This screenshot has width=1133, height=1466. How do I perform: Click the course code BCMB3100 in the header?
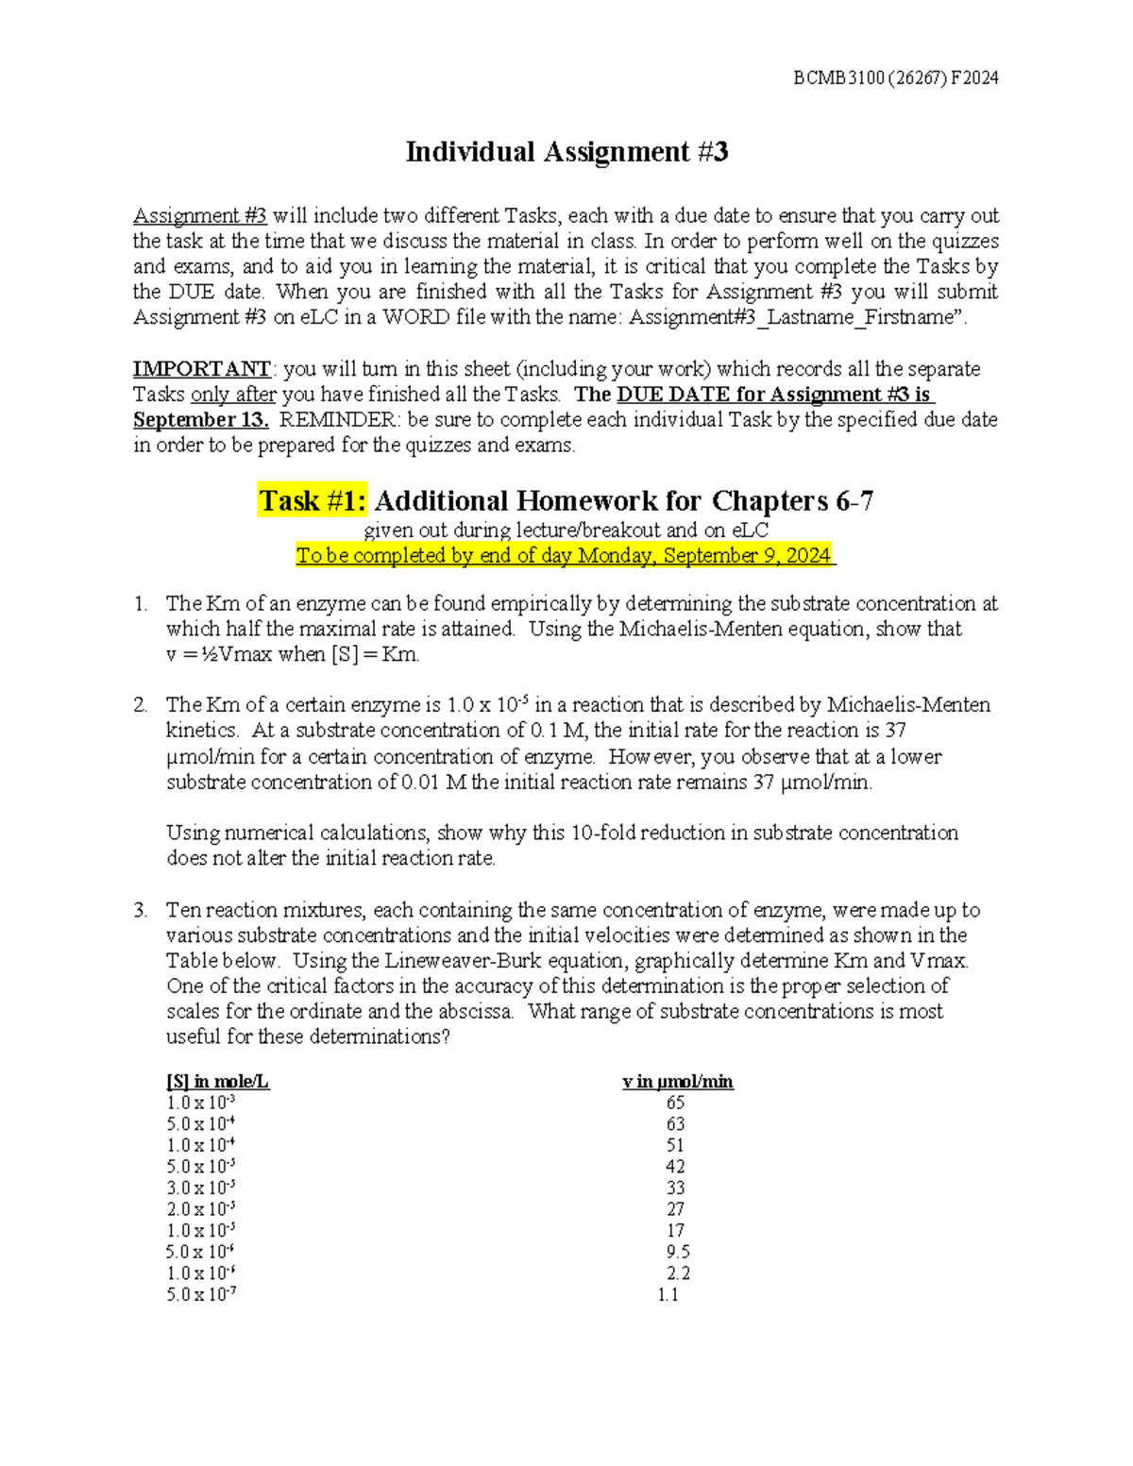[x=825, y=78]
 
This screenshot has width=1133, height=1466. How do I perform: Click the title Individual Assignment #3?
[x=566, y=152]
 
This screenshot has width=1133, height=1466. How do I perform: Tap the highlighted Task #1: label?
[x=313, y=500]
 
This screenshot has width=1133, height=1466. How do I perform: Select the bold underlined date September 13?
[x=201, y=419]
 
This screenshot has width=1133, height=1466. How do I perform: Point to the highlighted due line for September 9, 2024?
[x=566, y=555]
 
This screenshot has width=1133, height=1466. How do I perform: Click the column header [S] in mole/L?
[x=217, y=1082]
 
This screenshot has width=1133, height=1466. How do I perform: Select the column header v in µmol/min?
[x=677, y=1082]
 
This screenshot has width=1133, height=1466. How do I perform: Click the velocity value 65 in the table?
[x=675, y=1103]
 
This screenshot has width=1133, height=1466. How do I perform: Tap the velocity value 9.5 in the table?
[x=677, y=1252]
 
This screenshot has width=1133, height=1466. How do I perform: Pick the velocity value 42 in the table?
[x=675, y=1167]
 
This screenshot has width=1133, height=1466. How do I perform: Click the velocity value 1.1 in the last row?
[x=668, y=1294]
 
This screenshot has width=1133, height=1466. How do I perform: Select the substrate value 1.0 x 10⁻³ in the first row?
[x=200, y=1103]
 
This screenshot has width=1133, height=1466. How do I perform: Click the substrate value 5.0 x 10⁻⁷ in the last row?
[x=200, y=1294]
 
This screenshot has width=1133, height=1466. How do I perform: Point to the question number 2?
[x=140, y=705]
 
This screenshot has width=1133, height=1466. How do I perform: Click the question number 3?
[x=140, y=910]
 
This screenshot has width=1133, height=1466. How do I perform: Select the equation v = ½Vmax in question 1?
[x=218, y=654]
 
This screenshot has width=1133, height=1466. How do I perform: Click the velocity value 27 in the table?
[x=675, y=1209]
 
